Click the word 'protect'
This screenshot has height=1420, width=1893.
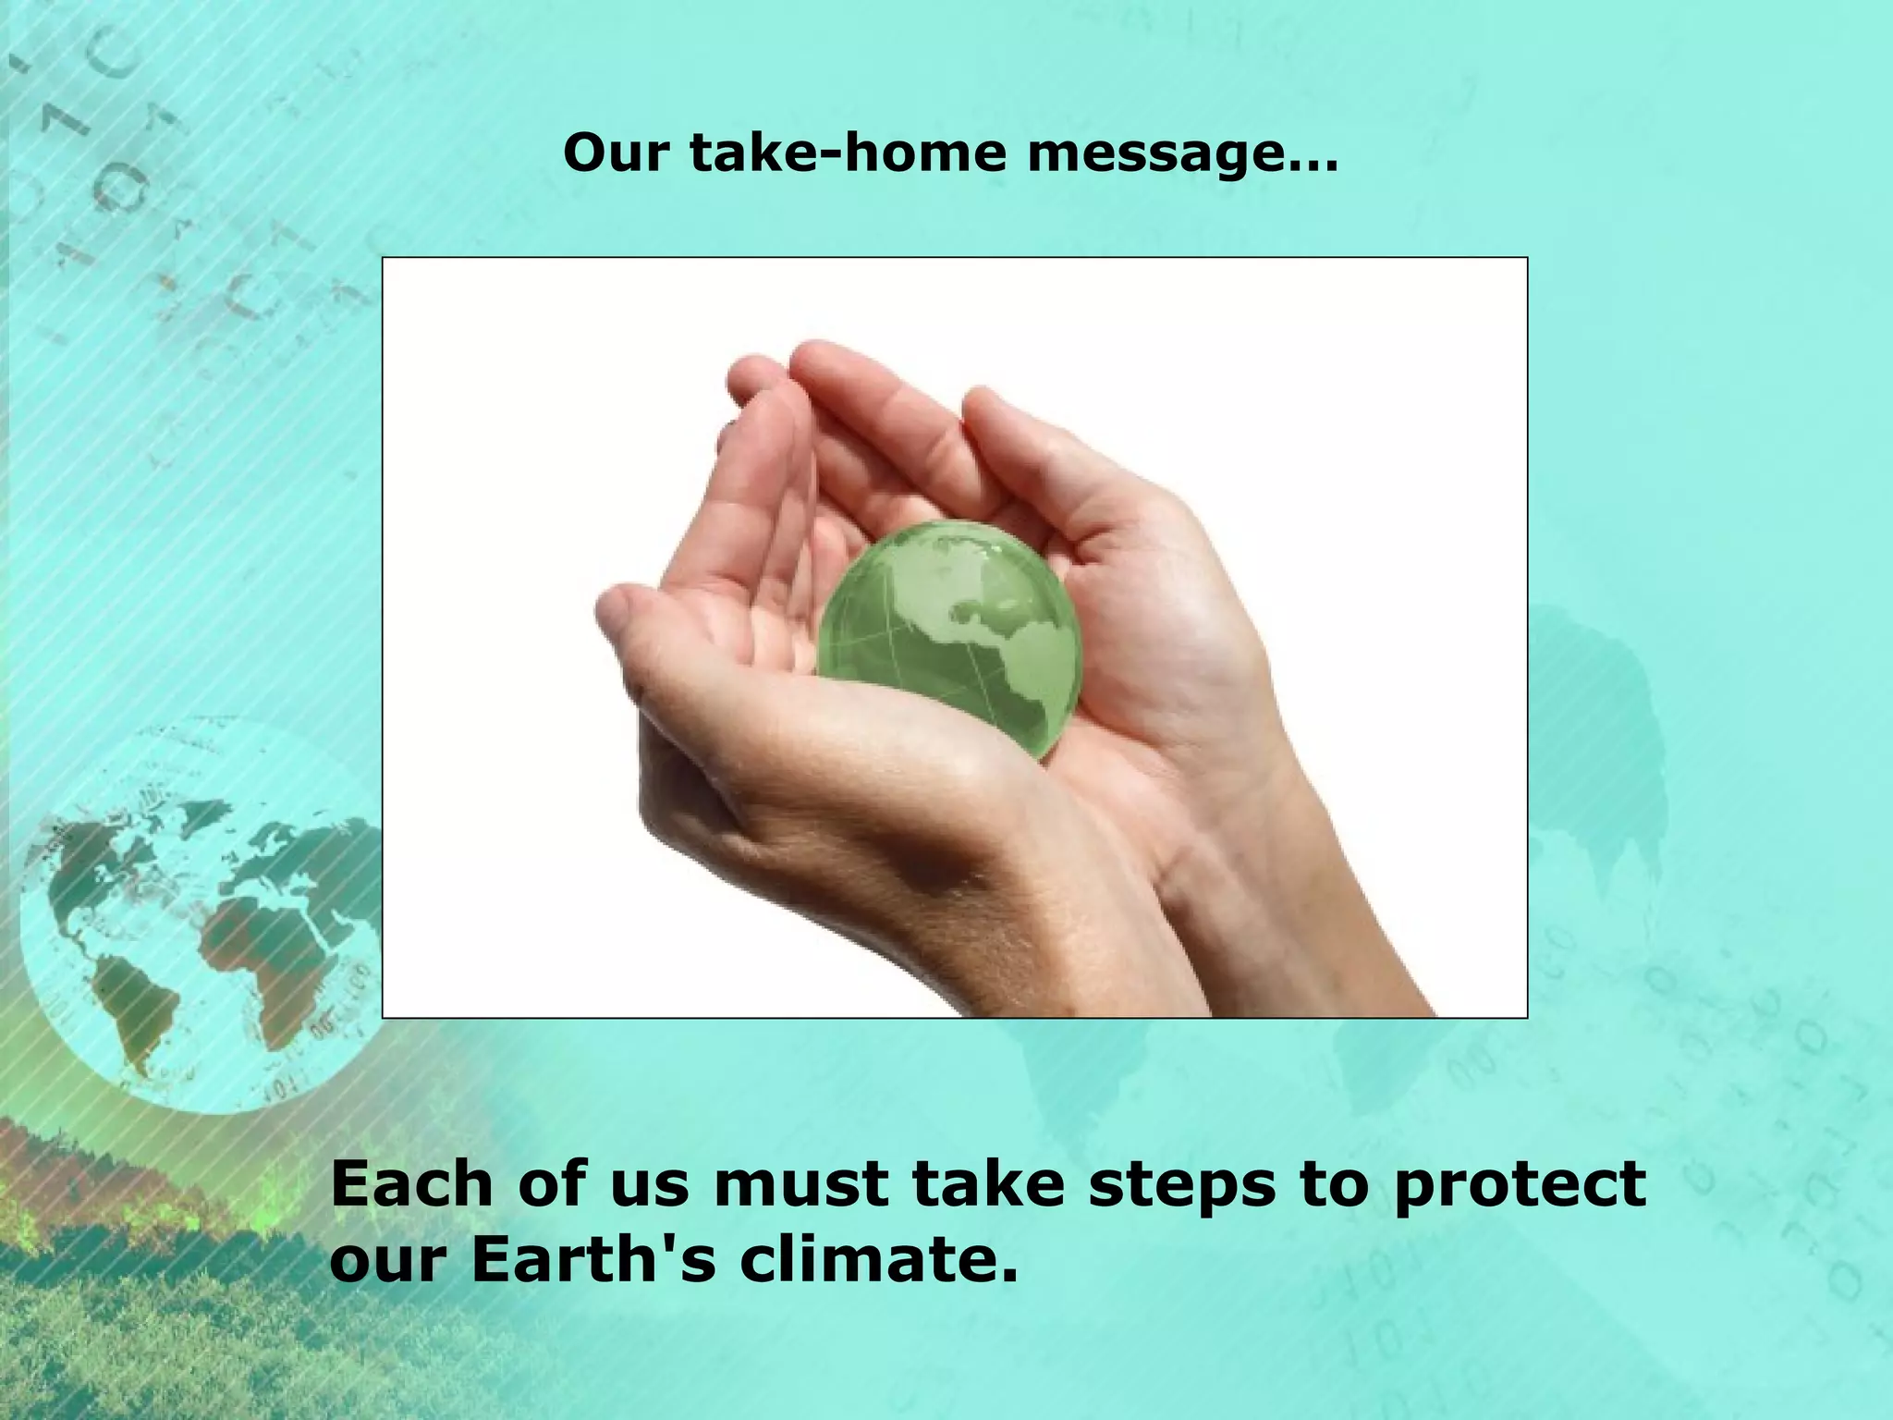(x=1520, y=1186)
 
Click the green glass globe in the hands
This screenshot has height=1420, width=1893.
(x=948, y=638)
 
